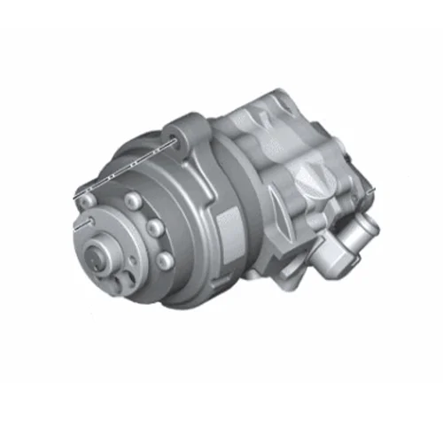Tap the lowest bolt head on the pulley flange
(164, 260)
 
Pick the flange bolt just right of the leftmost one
(133, 200)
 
